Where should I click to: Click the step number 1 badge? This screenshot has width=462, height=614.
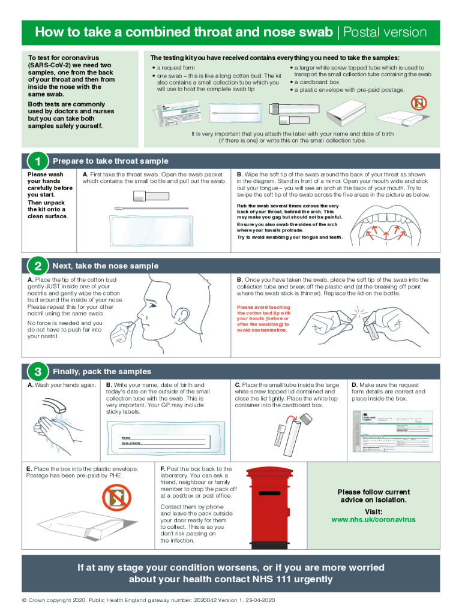click(x=37, y=161)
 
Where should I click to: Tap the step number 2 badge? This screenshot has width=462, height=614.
click(x=37, y=266)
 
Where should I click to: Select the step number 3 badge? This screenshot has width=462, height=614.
click(x=37, y=372)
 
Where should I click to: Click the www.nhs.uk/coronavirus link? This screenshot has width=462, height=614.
click(x=373, y=519)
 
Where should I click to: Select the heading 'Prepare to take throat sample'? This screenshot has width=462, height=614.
click(x=110, y=161)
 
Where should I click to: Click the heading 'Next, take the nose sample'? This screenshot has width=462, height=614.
click(x=106, y=266)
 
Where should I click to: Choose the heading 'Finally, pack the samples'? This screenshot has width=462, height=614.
click(x=102, y=372)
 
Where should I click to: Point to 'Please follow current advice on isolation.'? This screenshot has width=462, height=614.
click(x=373, y=496)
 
